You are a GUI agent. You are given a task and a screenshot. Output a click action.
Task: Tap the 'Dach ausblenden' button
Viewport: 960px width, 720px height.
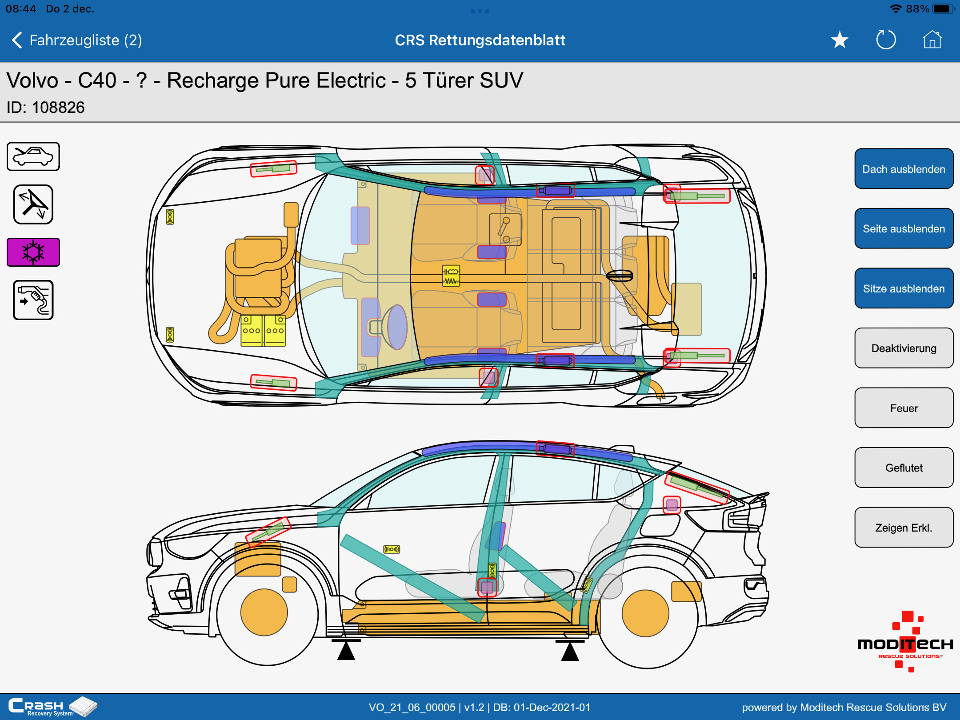pyautogui.click(x=904, y=169)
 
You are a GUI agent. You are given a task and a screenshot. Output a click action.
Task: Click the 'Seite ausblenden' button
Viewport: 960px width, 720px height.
pyautogui.click(x=904, y=228)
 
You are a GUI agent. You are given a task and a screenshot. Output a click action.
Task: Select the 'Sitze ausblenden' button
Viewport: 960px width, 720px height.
pyautogui.click(x=904, y=288)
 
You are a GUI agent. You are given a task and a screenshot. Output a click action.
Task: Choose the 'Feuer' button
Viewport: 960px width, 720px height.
pyautogui.click(x=904, y=408)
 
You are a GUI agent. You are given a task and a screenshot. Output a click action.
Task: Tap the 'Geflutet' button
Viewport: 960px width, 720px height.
pyautogui.click(x=904, y=468)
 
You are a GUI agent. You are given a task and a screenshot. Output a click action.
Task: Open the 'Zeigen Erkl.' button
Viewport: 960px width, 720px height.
pyautogui.click(x=904, y=528)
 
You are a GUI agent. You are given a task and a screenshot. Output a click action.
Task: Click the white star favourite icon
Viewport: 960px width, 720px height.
pyautogui.click(x=840, y=40)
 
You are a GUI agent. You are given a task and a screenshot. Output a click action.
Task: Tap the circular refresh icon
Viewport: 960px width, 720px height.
pyautogui.click(x=886, y=40)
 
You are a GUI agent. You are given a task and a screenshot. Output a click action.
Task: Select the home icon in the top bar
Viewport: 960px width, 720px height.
pyautogui.click(x=932, y=40)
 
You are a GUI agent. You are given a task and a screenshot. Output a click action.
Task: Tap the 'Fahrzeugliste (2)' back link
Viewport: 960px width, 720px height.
pyautogui.click(x=76, y=40)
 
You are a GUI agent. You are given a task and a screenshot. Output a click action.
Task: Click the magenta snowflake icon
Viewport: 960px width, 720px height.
pyautogui.click(x=33, y=252)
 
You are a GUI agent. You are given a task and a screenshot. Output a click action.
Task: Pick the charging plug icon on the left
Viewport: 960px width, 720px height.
pyautogui.click(x=33, y=300)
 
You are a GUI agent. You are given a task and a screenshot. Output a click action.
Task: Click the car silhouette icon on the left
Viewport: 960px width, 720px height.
pyautogui.click(x=33, y=156)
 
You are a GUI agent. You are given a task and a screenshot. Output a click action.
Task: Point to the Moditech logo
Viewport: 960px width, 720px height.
pyautogui.click(x=905, y=641)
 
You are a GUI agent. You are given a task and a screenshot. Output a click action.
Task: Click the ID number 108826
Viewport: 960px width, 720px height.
pyautogui.click(x=58, y=108)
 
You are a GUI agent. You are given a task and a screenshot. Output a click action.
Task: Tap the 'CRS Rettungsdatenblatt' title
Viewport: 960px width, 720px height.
pyautogui.click(x=480, y=40)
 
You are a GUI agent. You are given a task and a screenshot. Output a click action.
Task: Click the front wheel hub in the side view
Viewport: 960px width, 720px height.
pyautogui.click(x=264, y=612)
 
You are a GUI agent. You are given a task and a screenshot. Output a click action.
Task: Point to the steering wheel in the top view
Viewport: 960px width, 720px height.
pyautogui.click(x=395, y=327)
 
